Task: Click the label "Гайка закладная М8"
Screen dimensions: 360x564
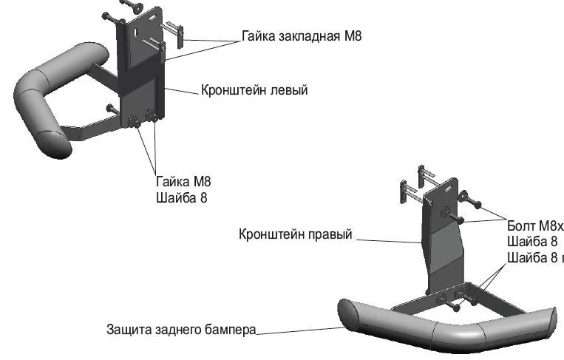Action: click(301, 35)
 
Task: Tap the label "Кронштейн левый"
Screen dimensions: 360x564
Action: click(254, 90)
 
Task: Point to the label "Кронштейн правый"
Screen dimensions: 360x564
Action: click(296, 234)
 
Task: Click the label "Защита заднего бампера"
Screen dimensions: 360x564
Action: click(180, 329)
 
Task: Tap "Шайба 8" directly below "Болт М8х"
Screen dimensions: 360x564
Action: click(532, 242)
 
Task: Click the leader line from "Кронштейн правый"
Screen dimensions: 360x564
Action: click(388, 240)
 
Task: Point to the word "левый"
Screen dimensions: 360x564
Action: click(288, 90)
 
